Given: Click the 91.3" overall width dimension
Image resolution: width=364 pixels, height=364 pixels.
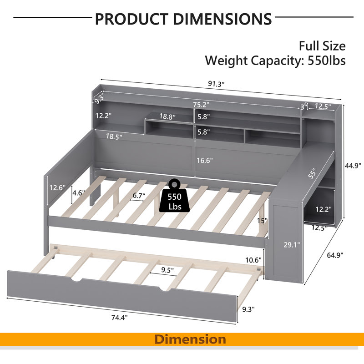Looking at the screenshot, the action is click(216, 84).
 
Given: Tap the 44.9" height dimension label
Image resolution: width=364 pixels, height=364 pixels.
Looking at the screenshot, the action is click(353, 166).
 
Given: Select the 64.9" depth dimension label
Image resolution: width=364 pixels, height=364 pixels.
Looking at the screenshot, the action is click(335, 255).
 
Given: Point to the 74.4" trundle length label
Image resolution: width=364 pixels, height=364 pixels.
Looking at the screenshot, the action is click(119, 317).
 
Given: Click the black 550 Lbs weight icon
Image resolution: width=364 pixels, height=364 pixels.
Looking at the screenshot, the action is click(174, 196).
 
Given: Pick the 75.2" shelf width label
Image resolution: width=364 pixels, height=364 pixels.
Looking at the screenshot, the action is click(201, 105).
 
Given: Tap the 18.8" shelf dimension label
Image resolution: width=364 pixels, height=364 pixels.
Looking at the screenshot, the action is click(167, 116).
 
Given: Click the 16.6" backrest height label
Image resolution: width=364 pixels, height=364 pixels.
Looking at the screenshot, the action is click(204, 160).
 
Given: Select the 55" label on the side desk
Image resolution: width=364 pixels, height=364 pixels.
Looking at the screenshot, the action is click(312, 173).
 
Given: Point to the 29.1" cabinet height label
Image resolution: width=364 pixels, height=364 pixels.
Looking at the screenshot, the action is click(292, 244).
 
